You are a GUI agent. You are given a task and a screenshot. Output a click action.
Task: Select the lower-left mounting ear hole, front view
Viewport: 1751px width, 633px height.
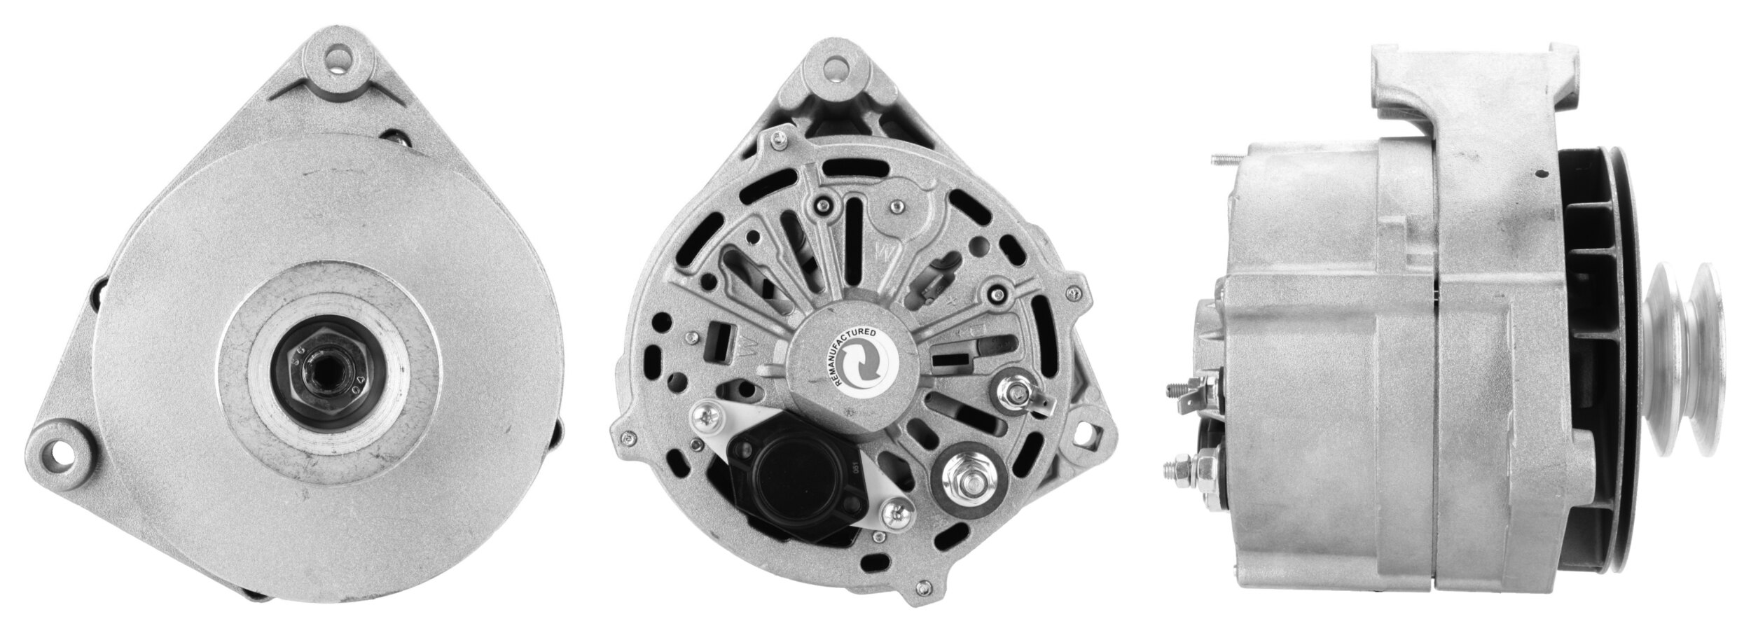60,447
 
